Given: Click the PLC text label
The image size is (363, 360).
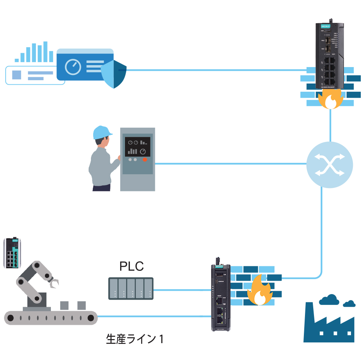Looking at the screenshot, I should tap(131, 266).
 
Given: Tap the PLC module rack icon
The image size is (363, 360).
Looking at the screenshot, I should tap(131, 288).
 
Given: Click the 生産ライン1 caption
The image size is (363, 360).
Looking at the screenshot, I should tap(135, 339).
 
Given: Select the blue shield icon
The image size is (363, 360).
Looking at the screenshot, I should tap(114, 74).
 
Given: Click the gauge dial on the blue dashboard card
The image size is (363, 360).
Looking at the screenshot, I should tap(73, 67).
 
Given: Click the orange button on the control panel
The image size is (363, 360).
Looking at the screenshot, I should tap(144, 159).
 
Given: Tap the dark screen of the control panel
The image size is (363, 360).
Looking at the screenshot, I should tap(137, 146).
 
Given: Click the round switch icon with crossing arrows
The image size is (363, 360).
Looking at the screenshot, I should tap(329, 165).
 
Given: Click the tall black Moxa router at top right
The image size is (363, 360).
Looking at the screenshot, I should tap(330, 54).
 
